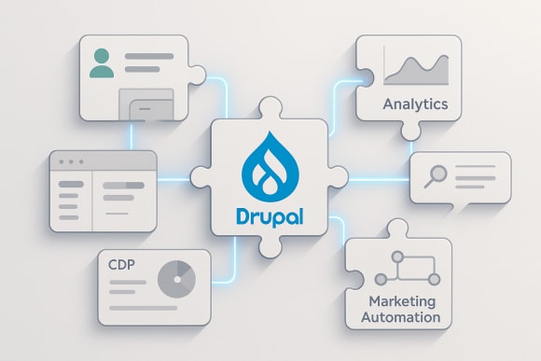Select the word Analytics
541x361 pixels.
coord(415,104)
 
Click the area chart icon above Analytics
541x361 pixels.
coord(417,70)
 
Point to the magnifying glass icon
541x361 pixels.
coord(433,176)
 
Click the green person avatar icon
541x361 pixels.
coord(102,63)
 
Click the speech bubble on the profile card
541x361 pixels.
coord(146,106)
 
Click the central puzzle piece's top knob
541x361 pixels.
coord(271,109)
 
